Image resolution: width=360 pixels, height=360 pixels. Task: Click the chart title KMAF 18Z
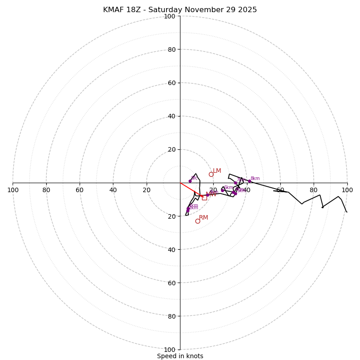pyautogui.click(x=180, y=10)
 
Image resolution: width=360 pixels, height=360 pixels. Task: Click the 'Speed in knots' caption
pyautogui.click(x=180, y=356)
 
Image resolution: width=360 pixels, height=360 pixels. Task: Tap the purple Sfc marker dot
pyautogui.click(x=190, y=181)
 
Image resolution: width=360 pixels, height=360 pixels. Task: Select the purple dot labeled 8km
pyautogui.click(x=249, y=181)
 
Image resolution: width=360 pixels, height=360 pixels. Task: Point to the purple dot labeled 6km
pyautogui.click(x=222, y=190)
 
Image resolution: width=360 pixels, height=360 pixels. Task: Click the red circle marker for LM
pyautogui.click(x=211, y=174)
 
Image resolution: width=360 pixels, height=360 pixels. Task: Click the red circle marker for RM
pyautogui.click(x=198, y=221)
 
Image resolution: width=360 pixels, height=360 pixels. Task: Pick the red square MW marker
pyautogui.click(x=204, y=198)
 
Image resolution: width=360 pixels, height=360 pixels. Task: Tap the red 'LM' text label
pyautogui.click(x=217, y=171)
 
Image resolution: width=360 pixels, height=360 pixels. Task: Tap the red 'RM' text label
pyautogui.click(x=203, y=218)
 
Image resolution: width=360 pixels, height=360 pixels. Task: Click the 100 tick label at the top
pyautogui.click(x=170, y=16)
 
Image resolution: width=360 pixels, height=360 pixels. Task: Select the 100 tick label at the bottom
pyautogui.click(x=170, y=350)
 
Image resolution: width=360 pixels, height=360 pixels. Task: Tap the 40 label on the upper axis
pyautogui.click(x=171, y=116)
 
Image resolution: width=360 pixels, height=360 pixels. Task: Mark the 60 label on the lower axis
pyautogui.click(x=171, y=283)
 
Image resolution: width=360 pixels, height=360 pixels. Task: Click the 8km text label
pyautogui.click(x=255, y=179)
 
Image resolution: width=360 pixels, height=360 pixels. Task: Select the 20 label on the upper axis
pyautogui.click(x=171, y=149)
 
